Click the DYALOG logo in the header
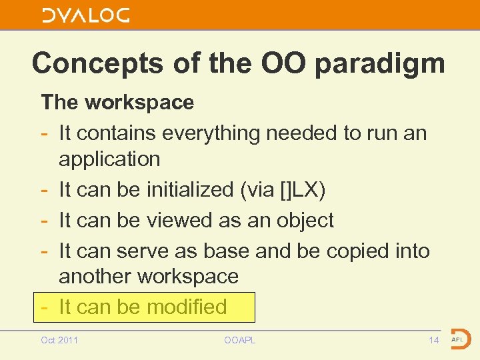click(x=85, y=15)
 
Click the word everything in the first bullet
click(x=203, y=133)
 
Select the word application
click(x=109, y=159)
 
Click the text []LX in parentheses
click(x=301, y=190)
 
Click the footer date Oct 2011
click(x=59, y=341)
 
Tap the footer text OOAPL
click(x=240, y=341)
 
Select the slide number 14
click(x=433, y=341)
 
